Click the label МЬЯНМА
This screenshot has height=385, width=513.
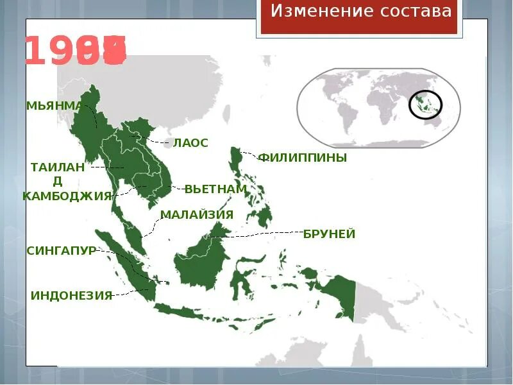coord(55,105)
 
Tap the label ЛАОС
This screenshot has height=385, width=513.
coord(190,143)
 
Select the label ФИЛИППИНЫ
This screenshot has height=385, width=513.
coord(302,158)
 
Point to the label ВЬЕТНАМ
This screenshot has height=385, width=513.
coord(215,189)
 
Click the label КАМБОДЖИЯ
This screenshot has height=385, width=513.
coord(67,196)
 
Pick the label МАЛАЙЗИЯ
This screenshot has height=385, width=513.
coord(197,214)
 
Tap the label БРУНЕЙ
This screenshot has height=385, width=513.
coord(329,234)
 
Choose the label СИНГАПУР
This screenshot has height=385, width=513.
coord(61,250)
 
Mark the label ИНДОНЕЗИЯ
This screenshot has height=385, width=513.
coord(71,295)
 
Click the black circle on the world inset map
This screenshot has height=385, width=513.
coord(426,105)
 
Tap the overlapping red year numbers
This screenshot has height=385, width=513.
coord(76,51)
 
